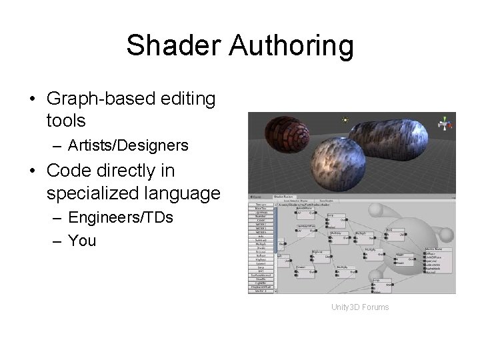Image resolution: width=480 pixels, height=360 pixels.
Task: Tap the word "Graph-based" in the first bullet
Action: click(x=101, y=99)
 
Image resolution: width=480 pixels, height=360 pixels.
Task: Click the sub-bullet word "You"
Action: click(x=82, y=240)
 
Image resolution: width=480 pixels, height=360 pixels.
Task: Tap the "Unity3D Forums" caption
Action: click(x=359, y=307)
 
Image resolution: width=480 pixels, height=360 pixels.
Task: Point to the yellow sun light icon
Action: click(x=345, y=120)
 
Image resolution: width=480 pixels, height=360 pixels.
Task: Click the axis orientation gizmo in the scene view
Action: click(x=443, y=123)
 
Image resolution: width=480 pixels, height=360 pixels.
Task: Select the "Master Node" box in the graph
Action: click(x=438, y=263)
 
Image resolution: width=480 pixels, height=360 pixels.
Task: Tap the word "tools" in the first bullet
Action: click(x=66, y=121)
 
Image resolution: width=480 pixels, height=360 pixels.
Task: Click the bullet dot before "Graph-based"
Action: click(x=32, y=99)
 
